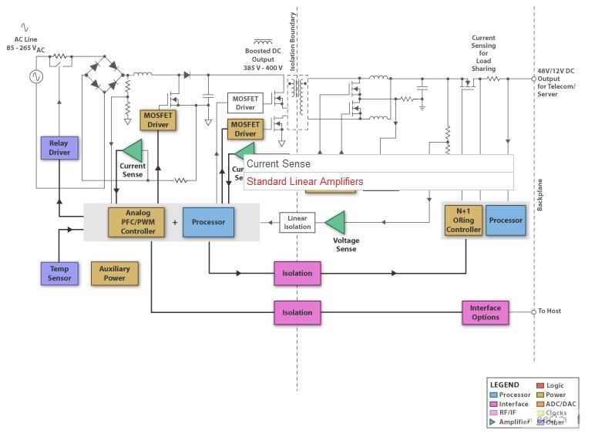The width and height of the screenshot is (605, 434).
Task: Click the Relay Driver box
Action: tap(59, 147)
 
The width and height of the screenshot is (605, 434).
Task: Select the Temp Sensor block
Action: tap(59, 273)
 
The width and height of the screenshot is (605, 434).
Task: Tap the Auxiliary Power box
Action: tap(115, 273)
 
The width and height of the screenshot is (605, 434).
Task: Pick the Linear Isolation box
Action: tap(297, 222)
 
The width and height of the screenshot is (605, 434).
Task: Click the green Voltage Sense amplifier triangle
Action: tap(334, 222)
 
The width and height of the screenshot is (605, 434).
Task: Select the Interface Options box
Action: tap(486, 312)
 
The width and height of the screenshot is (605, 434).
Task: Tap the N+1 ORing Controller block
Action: tap(463, 220)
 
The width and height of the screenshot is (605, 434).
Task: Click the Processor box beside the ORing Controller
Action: tap(506, 220)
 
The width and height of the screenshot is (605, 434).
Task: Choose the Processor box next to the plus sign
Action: tap(208, 222)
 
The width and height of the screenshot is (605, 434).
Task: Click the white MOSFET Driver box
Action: tap(245, 103)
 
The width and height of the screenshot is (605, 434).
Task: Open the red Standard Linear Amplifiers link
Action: tap(304, 182)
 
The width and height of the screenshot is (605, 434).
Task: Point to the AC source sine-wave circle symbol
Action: tap(35, 76)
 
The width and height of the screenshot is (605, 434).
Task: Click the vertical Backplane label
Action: tap(539, 197)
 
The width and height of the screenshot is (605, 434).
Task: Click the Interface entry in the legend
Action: tap(513, 404)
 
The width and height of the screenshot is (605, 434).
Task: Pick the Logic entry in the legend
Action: tap(555, 385)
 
